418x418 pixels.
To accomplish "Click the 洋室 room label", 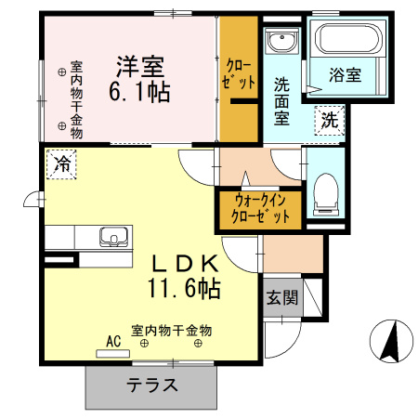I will click(x=140, y=67).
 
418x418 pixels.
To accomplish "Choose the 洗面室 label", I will click(x=281, y=99).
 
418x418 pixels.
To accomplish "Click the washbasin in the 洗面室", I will click(x=280, y=42).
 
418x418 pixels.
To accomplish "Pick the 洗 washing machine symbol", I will click(x=330, y=119).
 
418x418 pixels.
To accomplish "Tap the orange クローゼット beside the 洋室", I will click(x=239, y=74).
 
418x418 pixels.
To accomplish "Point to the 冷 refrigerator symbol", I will click(x=63, y=164).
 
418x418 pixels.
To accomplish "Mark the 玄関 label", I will click(x=282, y=298).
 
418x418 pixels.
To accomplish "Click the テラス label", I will click(x=152, y=384).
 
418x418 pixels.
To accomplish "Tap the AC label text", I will click(x=114, y=341).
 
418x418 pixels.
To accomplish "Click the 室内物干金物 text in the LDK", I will click(x=172, y=331).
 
